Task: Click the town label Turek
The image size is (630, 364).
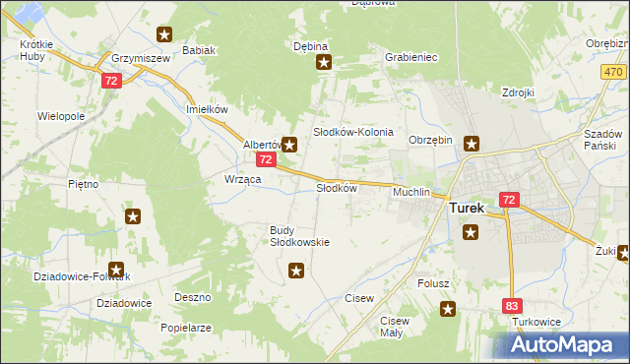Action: coord(468,209)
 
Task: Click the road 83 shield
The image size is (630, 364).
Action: coord(511,308)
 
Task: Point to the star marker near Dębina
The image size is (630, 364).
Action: coord(323,64)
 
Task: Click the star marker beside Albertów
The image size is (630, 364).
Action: coord(289,144)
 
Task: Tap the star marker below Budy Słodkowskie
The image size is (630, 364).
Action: coord(296,270)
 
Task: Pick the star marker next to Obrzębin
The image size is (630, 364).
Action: coord(472,144)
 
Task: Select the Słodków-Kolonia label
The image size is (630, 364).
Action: coord(353,132)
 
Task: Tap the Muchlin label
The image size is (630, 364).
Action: coord(411,193)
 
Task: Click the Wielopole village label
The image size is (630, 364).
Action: coord(61,116)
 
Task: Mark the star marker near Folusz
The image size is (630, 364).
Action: coord(449,310)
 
